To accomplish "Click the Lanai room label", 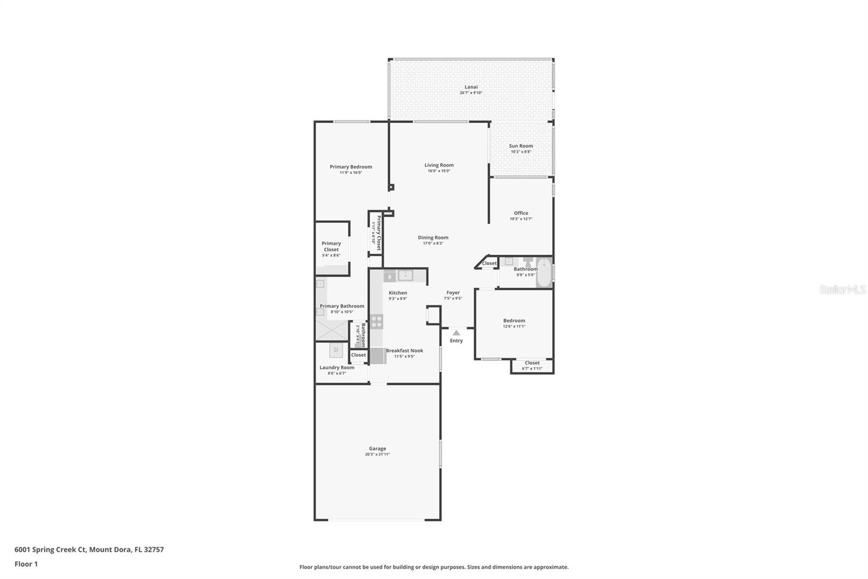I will pyautogui.click(x=471, y=87).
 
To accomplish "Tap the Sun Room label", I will pyautogui.click(x=521, y=146).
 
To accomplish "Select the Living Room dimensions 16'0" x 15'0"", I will pyautogui.click(x=439, y=171).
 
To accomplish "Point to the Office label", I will pyautogui.click(x=521, y=213).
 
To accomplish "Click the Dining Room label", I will pyautogui.click(x=433, y=237).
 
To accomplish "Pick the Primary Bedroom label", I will pyautogui.click(x=350, y=167).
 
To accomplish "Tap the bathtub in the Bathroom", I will pyautogui.click(x=544, y=273).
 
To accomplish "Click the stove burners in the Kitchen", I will pyautogui.click(x=376, y=321).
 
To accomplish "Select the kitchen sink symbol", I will pyautogui.click(x=405, y=276).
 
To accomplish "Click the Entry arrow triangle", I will pyautogui.click(x=456, y=332).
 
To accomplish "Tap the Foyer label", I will pyautogui.click(x=453, y=292).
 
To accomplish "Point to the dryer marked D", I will pyautogui.click(x=336, y=350).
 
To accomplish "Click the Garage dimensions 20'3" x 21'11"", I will pyautogui.click(x=377, y=454).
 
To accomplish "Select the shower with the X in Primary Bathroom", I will pyautogui.click(x=332, y=330).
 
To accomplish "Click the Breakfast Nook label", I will pyautogui.click(x=404, y=350).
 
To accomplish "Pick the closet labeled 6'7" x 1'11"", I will pyautogui.click(x=532, y=366).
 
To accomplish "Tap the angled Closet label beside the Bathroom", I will pyautogui.click(x=489, y=263).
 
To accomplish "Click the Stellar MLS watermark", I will pyautogui.click(x=842, y=289).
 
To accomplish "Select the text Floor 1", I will pyautogui.click(x=26, y=564).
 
